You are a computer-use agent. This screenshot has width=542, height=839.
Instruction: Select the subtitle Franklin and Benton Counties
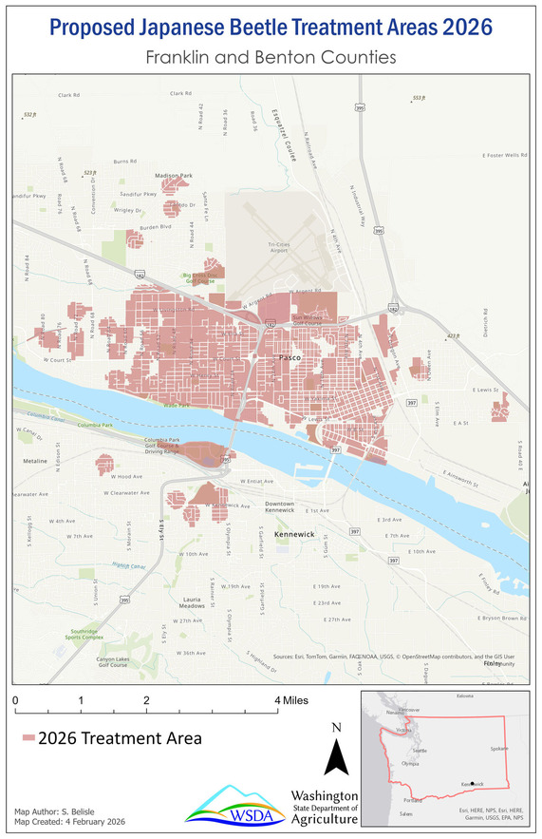pos(271,58)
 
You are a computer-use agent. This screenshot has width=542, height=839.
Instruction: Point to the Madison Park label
pos(174,176)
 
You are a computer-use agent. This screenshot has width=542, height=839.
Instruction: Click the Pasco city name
pos(290,358)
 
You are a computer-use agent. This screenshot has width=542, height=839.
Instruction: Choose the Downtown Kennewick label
pos(286,507)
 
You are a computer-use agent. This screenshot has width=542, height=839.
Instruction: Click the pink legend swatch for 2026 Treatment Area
pos(28,738)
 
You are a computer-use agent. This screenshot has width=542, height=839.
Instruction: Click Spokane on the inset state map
pos(499,748)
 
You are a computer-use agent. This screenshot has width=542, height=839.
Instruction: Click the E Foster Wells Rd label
pos(503,154)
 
